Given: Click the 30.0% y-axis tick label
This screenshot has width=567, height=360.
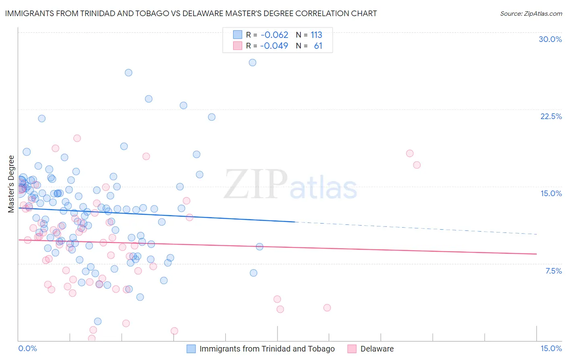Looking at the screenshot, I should [x=550, y=39].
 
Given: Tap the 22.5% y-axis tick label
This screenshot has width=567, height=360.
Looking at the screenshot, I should [x=551, y=116].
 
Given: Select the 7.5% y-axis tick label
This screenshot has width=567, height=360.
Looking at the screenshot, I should [x=553, y=271].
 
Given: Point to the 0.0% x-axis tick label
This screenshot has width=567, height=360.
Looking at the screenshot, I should [x=27, y=348].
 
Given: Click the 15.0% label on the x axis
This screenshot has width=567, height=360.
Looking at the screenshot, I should [x=551, y=348].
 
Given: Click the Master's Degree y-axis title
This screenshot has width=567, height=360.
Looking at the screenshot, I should [x=11, y=184].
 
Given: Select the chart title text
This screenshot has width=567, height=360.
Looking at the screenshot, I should [x=191, y=13].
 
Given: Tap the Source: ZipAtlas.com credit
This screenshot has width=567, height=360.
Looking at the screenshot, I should [x=531, y=13].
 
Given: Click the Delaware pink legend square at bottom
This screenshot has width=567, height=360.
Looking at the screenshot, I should [x=352, y=349].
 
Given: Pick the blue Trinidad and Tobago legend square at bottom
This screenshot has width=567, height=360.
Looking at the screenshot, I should [x=191, y=349].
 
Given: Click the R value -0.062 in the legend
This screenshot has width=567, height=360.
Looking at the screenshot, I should [x=274, y=35].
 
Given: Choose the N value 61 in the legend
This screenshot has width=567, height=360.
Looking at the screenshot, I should [x=318, y=46].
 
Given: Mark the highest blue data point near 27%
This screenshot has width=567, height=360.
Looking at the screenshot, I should [x=252, y=63].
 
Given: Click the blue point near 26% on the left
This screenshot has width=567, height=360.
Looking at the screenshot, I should [x=129, y=73].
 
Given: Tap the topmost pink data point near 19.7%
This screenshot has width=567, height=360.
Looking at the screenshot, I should [x=77, y=138].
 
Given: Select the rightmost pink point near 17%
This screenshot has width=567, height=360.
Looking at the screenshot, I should [x=417, y=165].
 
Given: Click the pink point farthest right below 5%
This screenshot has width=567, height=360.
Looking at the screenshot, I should [x=327, y=308].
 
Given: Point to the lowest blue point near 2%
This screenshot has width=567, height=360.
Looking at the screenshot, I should [x=98, y=321].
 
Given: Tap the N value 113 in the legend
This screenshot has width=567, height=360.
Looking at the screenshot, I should [x=316, y=35].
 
